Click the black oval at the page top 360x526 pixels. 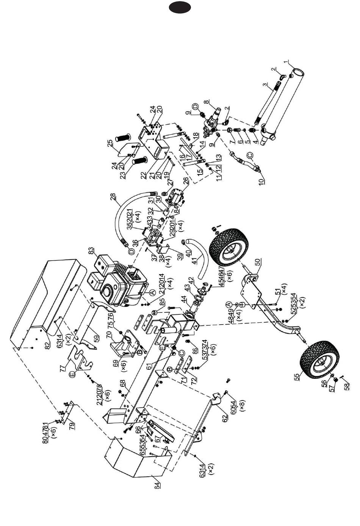(x=180, y=7)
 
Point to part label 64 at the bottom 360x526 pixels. (x=157, y=485)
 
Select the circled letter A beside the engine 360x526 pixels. (x=152, y=293)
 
